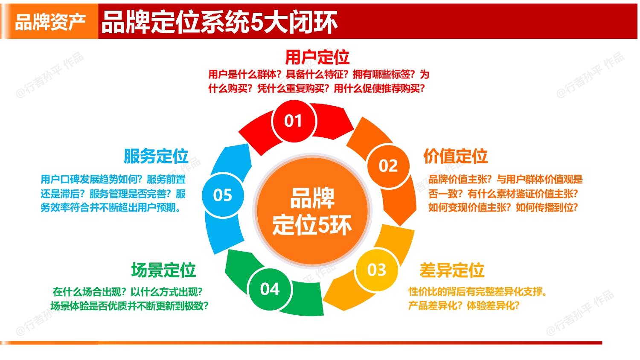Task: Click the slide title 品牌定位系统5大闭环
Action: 219,22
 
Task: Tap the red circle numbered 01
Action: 294,121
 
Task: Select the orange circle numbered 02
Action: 388,166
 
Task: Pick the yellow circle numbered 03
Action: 377,270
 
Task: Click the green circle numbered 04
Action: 270,289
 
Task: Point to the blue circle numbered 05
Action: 223,195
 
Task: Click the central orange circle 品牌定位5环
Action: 312,212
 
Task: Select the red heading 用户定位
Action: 317,57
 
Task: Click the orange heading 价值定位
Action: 455,156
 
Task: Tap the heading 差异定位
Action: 452,270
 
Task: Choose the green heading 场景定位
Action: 163,270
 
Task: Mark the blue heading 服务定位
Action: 156,156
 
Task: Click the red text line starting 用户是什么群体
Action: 319,75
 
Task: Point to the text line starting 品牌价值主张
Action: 505,180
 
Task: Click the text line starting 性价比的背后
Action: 478,292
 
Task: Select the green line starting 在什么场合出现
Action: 128,292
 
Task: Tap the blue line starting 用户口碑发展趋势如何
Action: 113,180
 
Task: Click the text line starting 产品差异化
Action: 464,306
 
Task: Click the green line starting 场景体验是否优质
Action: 129,306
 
